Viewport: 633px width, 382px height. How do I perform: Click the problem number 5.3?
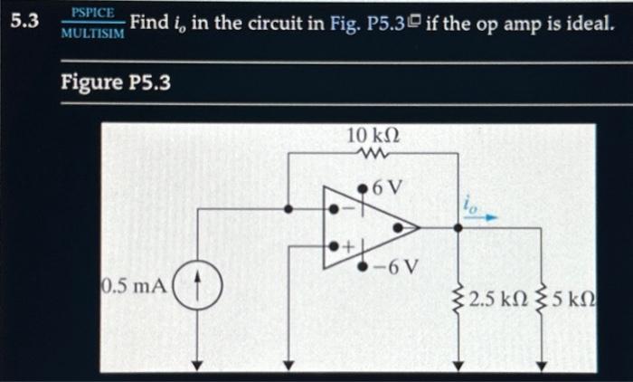23,20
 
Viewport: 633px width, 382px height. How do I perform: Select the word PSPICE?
92,12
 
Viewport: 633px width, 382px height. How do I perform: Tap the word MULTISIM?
92,33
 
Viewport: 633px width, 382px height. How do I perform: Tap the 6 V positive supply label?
386,187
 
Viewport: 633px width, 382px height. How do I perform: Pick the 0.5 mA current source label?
133,287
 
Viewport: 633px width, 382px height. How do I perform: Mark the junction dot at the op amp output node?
458,228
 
